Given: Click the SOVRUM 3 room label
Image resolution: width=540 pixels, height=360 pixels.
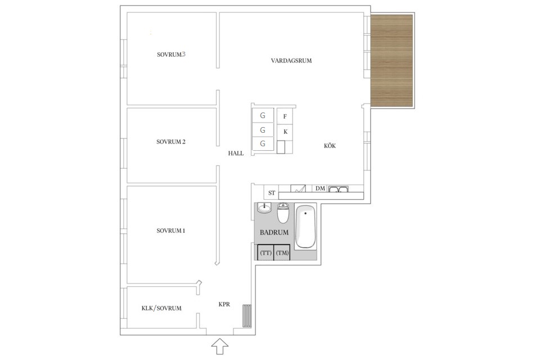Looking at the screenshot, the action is tap(171, 54).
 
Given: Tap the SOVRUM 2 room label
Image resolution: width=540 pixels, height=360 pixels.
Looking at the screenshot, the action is tap(171, 142).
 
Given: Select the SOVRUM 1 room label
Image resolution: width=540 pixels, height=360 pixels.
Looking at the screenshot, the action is tap(171, 231).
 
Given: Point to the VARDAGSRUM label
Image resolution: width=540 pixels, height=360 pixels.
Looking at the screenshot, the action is tap(291, 61).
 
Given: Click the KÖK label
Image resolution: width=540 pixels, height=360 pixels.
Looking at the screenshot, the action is tap(330, 146).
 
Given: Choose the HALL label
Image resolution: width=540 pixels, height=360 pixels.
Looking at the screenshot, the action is tap(236, 154).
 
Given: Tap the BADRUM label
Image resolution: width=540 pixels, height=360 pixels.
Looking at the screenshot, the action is tap(274, 232).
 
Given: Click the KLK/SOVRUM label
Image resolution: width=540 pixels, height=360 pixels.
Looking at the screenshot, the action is tap(161, 308).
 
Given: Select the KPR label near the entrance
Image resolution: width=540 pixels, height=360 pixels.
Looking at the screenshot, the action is tap(224, 304).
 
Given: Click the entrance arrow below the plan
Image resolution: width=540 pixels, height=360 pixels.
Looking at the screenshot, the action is tap(220, 346).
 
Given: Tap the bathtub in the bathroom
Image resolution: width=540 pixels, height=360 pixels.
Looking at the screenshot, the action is tap(305, 227).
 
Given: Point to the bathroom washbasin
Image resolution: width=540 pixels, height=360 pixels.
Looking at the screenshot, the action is tap(264, 208).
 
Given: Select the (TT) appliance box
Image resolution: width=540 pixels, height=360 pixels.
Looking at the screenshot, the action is tap(265, 253).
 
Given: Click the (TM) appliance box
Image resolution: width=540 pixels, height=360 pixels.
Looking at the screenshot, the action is tap(282, 253).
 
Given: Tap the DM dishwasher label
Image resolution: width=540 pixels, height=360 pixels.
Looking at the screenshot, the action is tap(320, 188).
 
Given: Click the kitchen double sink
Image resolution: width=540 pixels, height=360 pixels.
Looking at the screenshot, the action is tap(338, 189).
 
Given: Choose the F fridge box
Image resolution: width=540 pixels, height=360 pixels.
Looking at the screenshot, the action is tap(285, 116).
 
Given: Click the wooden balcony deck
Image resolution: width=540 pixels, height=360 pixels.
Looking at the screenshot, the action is tap(392, 61).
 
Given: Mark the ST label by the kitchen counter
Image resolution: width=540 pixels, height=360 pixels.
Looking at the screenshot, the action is tap(272, 193).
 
